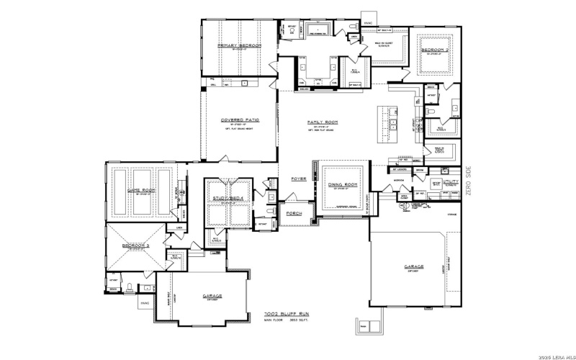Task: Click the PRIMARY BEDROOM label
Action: (x=239, y=45)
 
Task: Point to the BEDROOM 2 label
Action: (x=436, y=50)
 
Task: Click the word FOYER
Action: (x=298, y=178)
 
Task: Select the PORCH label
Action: (x=294, y=214)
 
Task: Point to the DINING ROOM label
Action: (x=343, y=185)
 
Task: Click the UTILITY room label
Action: (x=451, y=182)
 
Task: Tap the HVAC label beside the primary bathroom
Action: (x=368, y=23)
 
